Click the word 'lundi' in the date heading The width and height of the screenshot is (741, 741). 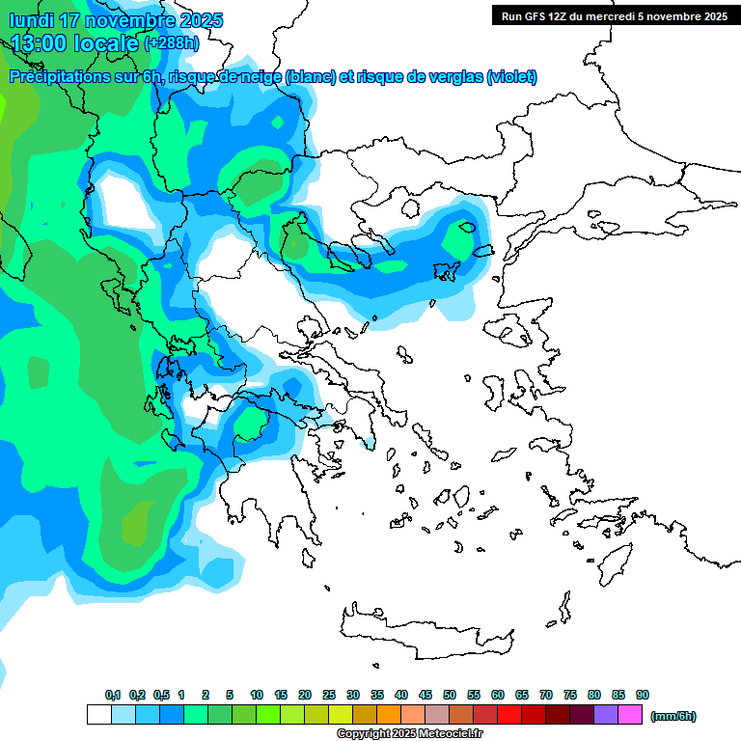click(31, 20)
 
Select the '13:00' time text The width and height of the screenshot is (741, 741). click(39, 42)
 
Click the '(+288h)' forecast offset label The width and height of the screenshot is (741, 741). click(172, 42)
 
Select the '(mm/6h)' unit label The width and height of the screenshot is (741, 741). click(672, 716)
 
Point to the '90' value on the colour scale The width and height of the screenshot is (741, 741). click(643, 695)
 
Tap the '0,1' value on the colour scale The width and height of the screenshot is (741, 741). click(113, 695)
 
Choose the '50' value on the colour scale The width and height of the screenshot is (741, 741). click(450, 695)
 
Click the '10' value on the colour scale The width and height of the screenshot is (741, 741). click(257, 695)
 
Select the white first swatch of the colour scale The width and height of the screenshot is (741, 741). click(98, 715)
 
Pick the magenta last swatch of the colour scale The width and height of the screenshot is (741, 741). click(630, 715)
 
